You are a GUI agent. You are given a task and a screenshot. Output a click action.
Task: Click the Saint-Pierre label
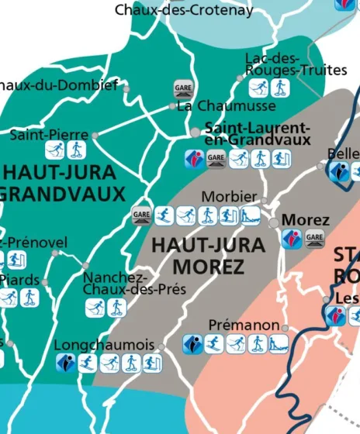49,135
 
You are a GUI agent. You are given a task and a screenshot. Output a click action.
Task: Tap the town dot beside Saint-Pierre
95,135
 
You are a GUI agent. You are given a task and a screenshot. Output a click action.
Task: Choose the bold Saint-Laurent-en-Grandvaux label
258,133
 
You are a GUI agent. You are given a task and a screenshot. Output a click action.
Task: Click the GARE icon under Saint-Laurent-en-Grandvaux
216,160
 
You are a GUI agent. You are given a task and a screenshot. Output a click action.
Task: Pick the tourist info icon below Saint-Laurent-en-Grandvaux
194,160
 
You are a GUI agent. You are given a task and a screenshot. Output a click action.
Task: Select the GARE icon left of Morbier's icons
141,215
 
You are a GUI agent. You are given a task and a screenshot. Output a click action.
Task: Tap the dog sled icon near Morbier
250,215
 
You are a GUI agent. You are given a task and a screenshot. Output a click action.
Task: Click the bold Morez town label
305,220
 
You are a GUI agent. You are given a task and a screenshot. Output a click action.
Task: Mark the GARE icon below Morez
315,239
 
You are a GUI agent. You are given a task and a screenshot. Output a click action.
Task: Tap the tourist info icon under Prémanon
193,343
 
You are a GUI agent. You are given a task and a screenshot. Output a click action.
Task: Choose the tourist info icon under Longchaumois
66,363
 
